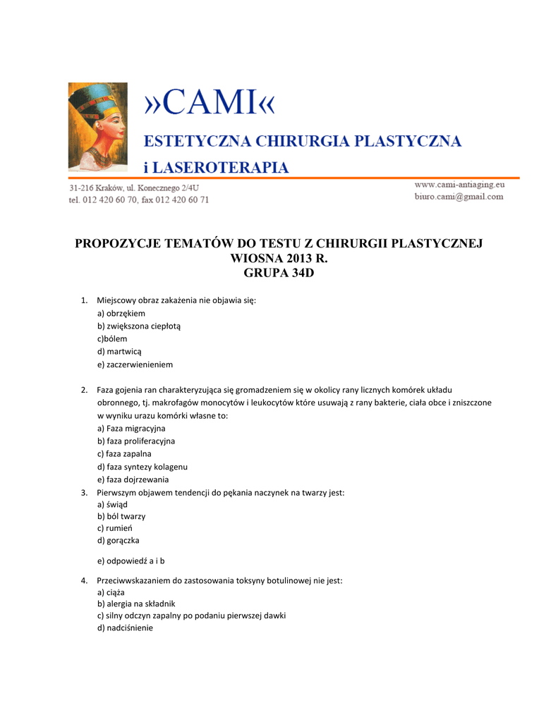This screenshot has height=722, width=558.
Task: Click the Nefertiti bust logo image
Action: [98, 127]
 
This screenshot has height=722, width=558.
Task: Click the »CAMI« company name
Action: [210, 104]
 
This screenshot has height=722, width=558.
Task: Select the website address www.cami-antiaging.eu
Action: [459, 185]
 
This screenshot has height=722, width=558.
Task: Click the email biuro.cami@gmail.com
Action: [459, 197]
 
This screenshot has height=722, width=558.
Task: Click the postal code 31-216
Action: [83, 188]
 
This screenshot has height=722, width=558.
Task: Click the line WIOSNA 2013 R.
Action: [279, 259]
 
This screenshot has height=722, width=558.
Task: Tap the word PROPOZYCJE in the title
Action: [118, 244]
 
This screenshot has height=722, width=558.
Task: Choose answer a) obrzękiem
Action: [121, 313]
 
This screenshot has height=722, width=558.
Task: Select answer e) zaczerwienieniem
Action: [135, 365]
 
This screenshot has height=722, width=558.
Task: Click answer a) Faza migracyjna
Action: [131, 429]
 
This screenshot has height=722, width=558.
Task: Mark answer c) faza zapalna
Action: [124, 454]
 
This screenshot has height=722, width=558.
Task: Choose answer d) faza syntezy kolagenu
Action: [142, 467]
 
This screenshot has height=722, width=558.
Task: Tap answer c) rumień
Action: [116, 528]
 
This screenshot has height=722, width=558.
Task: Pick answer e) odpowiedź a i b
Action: [131, 561]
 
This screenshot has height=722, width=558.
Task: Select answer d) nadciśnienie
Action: [125, 628]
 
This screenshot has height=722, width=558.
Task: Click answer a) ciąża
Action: [111, 593]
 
